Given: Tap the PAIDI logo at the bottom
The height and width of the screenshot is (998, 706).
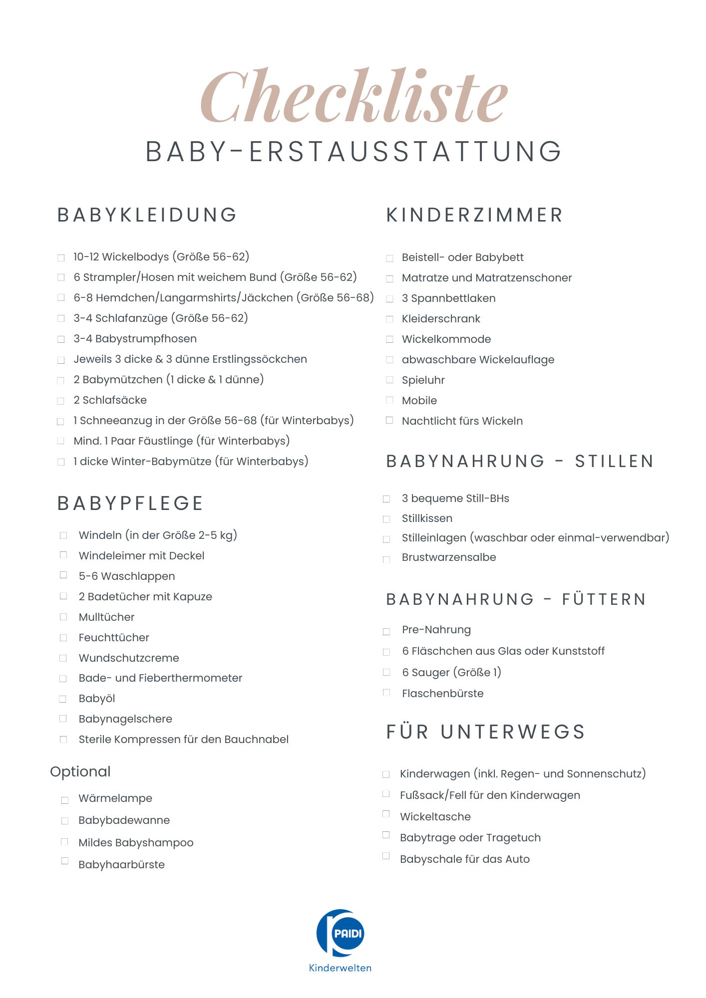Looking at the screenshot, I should coord(341,933).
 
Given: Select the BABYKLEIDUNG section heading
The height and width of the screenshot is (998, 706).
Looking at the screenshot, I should coord(147,215).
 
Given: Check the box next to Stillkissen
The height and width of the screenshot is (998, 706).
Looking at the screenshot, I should coord(386,519).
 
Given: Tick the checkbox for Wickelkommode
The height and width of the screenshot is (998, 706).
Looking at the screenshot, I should coord(390,339).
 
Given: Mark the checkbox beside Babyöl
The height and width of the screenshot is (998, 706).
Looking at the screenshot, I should coord(63,699).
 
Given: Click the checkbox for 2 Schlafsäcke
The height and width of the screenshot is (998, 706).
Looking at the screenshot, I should coord(61,401).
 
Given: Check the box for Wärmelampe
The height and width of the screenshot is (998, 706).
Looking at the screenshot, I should coord(65,800).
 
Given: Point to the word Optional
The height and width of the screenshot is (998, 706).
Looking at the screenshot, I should coord(80,771).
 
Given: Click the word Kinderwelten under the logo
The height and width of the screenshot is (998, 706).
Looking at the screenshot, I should coord(340,968).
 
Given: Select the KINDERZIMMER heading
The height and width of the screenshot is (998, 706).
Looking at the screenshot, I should coord(474,215).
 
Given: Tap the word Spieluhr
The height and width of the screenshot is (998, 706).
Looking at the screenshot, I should coord(423,380).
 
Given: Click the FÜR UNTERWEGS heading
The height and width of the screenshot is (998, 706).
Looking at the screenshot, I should coord(485,732).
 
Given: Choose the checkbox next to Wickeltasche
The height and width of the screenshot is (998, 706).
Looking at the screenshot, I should coord(386,814).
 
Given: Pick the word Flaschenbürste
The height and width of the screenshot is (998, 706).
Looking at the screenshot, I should coord(442,693).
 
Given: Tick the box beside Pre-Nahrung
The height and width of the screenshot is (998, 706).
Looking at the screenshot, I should coord(386,632).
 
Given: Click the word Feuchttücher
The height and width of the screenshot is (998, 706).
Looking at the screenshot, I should coord(114,637).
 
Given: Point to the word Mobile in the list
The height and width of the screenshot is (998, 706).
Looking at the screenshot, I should coord(419,401).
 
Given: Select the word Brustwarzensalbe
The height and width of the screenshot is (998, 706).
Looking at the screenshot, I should coord(449,557).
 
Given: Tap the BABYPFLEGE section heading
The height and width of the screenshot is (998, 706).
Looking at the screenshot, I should coord(130,503).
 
